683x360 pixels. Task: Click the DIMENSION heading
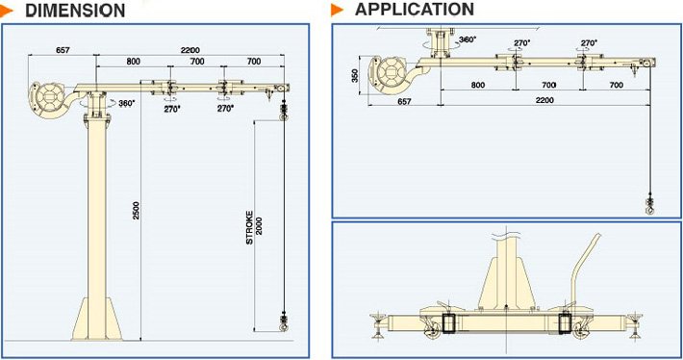[75, 11]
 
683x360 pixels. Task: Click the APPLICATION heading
[415, 10]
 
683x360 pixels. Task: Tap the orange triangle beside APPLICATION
[337, 10]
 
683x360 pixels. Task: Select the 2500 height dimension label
[136, 210]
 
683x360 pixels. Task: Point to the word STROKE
[249, 227]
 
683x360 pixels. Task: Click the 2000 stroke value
[259, 226]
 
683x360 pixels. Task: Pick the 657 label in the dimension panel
[63, 50]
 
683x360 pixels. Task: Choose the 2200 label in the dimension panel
[190, 50]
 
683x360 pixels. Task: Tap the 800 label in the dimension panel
[134, 62]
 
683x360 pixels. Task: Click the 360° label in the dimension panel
[127, 104]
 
